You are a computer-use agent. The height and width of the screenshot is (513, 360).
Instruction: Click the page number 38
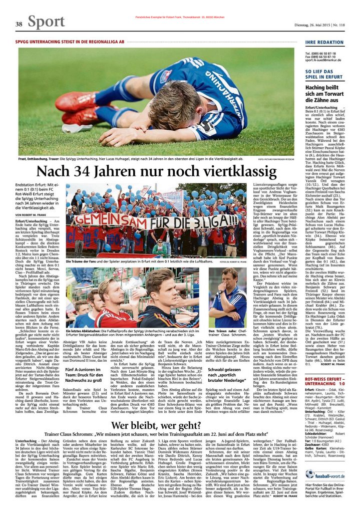pos(19,24)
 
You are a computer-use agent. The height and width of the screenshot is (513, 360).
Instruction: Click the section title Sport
pos(47,22)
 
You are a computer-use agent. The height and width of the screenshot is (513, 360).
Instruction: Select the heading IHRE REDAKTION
pos(324,42)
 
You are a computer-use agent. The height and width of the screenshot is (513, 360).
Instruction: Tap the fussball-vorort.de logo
pos(325,473)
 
